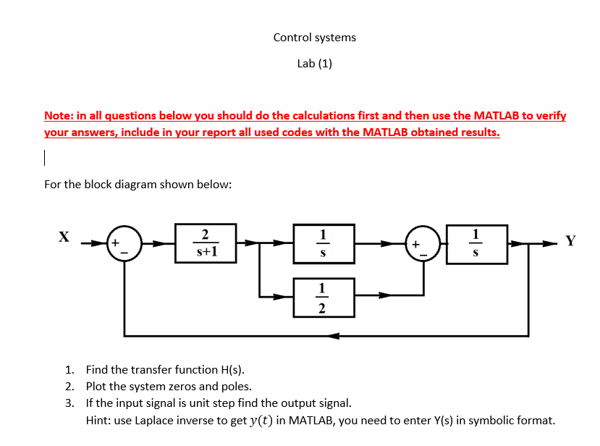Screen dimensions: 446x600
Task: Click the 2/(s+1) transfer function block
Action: click(x=206, y=243)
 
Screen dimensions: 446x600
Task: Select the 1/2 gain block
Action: click(x=323, y=297)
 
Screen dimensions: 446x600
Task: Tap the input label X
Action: click(x=64, y=237)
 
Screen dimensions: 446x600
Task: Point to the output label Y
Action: click(x=570, y=241)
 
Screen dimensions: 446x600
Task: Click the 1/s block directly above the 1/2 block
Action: click(x=323, y=243)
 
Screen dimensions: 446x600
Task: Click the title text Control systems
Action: click(x=314, y=37)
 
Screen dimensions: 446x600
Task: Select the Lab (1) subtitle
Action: click(x=314, y=63)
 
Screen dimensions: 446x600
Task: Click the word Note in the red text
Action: click(x=58, y=115)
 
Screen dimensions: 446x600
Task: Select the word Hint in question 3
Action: click(x=98, y=419)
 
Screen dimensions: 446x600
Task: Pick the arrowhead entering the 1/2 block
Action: click(x=288, y=296)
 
